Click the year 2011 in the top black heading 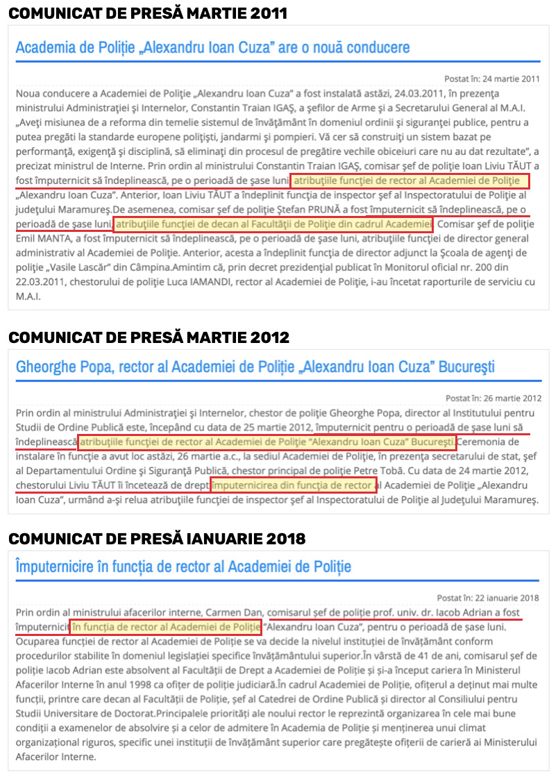267,13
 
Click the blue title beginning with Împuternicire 183,567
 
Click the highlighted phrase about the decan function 273,224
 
